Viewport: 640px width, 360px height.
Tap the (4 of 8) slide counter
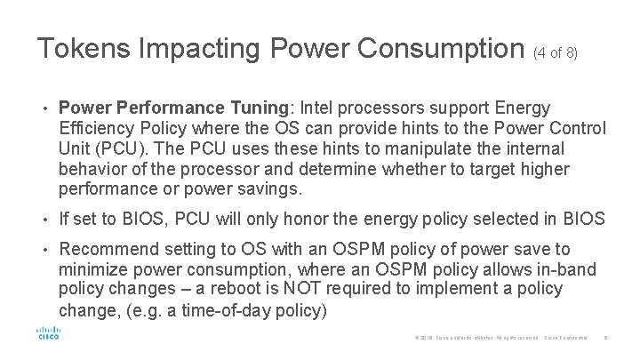click(556, 52)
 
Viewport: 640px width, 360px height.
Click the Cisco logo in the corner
click(48, 334)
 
